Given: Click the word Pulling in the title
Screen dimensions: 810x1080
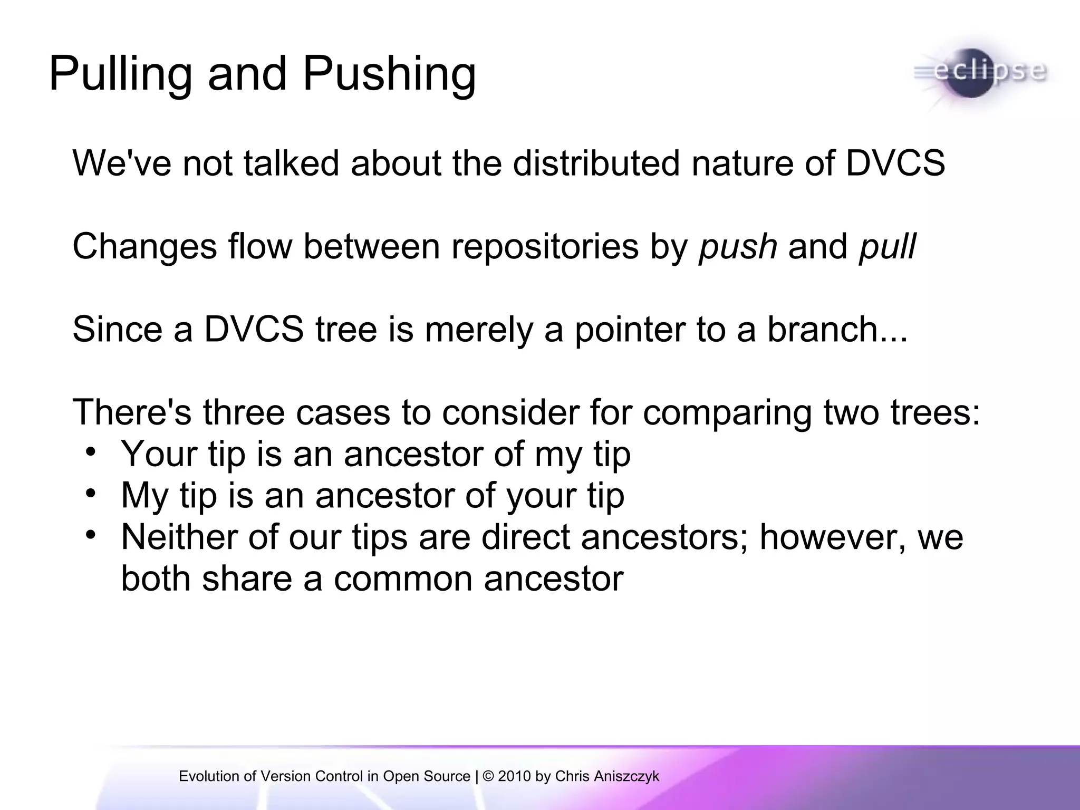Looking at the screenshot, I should click(x=120, y=75).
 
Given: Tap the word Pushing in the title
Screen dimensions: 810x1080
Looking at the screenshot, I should click(x=389, y=75).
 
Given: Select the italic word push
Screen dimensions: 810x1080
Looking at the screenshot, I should click(x=738, y=247).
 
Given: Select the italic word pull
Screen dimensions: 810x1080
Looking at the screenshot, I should click(x=888, y=247).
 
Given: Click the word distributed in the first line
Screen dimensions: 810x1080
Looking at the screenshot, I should click(x=596, y=163).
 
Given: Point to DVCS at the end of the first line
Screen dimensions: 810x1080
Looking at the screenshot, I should click(x=895, y=163).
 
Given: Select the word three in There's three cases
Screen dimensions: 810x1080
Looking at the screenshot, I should click(x=244, y=412).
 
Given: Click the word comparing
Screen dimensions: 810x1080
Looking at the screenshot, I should click(x=727, y=413).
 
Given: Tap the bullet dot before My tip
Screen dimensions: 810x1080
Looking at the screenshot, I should click(x=91, y=493).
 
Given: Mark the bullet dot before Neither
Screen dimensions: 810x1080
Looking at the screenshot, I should click(x=91, y=535).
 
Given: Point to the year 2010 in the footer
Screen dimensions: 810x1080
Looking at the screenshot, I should click(x=514, y=776).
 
